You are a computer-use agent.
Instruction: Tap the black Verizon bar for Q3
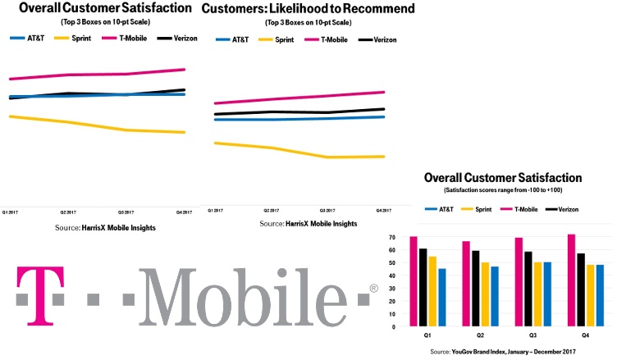click(x=528, y=289)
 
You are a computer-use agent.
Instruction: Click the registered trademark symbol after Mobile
click(x=373, y=289)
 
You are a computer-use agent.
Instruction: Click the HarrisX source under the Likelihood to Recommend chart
click(x=308, y=223)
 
